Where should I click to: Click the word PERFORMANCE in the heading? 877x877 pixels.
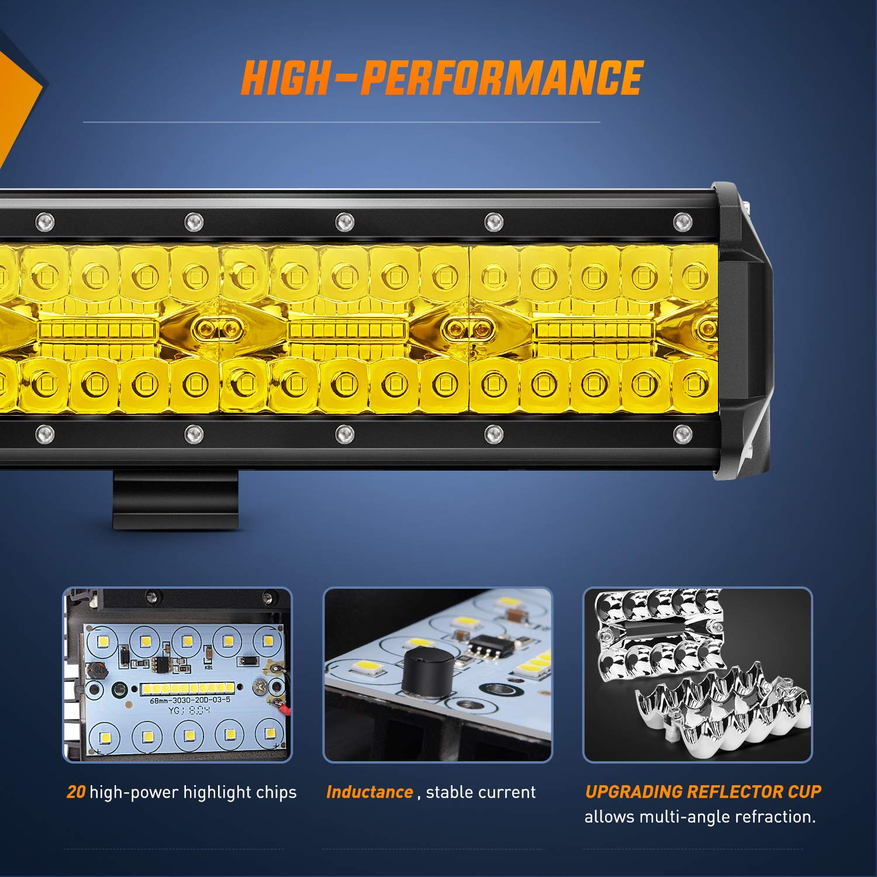(x=502, y=78)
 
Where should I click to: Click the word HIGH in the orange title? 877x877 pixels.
(x=286, y=78)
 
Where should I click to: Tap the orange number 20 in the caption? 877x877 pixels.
(x=76, y=792)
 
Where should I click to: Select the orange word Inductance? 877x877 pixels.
(x=370, y=792)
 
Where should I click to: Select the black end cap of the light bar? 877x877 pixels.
(x=743, y=330)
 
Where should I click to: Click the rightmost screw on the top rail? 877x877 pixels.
(x=682, y=222)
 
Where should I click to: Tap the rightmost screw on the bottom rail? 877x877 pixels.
(x=682, y=434)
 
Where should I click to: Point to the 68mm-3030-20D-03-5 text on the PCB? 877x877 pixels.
(x=190, y=700)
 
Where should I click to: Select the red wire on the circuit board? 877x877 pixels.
(x=284, y=709)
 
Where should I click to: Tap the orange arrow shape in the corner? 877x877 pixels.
(x=18, y=94)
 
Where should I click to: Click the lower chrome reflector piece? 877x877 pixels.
(x=725, y=713)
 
